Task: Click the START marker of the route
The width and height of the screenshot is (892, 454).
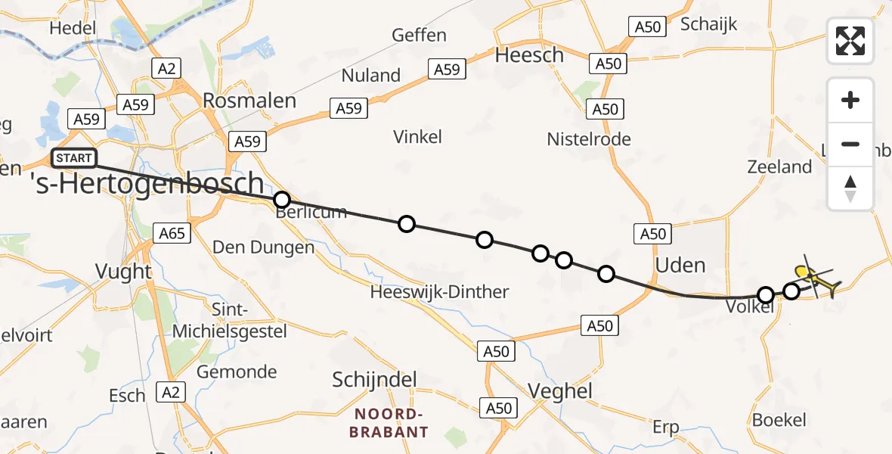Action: click(74, 158)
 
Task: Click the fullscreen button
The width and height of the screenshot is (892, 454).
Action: click(850, 41)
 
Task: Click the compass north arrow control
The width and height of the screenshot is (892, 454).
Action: click(850, 188)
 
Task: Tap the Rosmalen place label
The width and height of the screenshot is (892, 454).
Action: click(249, 101)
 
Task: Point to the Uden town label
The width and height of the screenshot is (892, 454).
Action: click(680, 265)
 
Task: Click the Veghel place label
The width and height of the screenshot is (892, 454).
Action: click(560, 390)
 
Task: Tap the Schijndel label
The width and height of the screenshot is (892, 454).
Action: click(375, 379)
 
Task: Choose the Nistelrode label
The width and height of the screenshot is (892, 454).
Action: click(589, 139)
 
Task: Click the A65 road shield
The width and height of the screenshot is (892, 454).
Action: click(172, 233)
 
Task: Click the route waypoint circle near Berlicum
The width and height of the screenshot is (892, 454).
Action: click(281, 200)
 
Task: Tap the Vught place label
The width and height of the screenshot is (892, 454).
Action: click(124, 271)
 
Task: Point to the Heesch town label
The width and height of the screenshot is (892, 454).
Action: click(529, 55)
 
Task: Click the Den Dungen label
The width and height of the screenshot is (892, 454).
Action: click(263, 247)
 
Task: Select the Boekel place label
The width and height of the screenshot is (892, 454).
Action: click(779, 420)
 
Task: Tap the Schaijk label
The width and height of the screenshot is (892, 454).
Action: click(708, 24)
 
